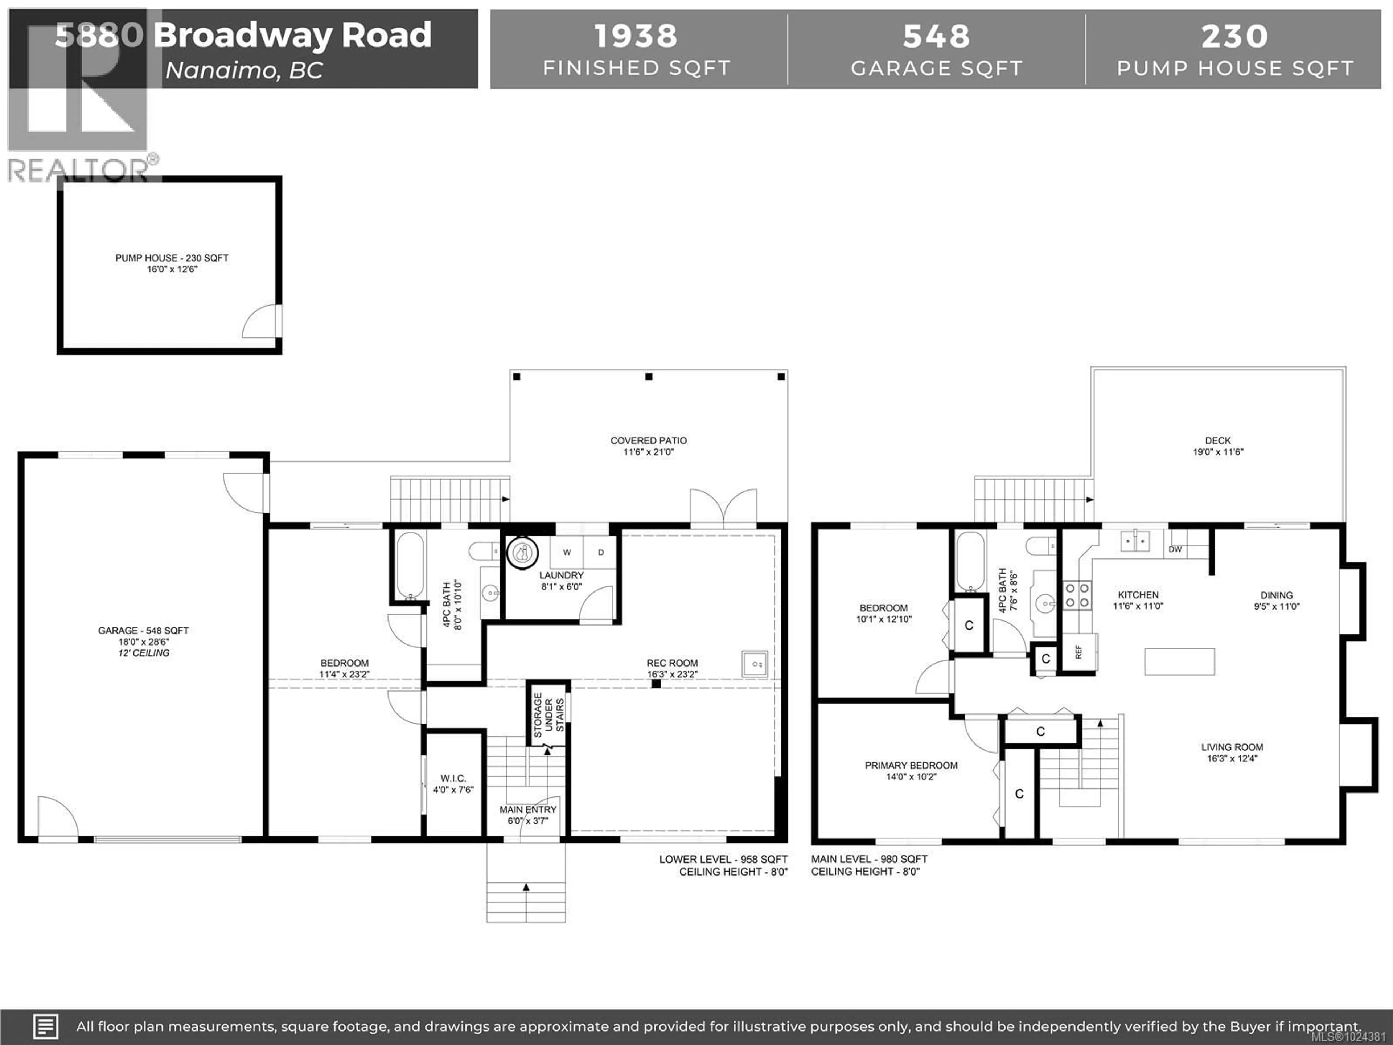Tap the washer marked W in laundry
567,552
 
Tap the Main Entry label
528,810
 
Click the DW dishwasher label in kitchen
1175,549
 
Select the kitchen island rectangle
1179,661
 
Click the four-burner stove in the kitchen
1077,595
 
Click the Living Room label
1232,747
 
